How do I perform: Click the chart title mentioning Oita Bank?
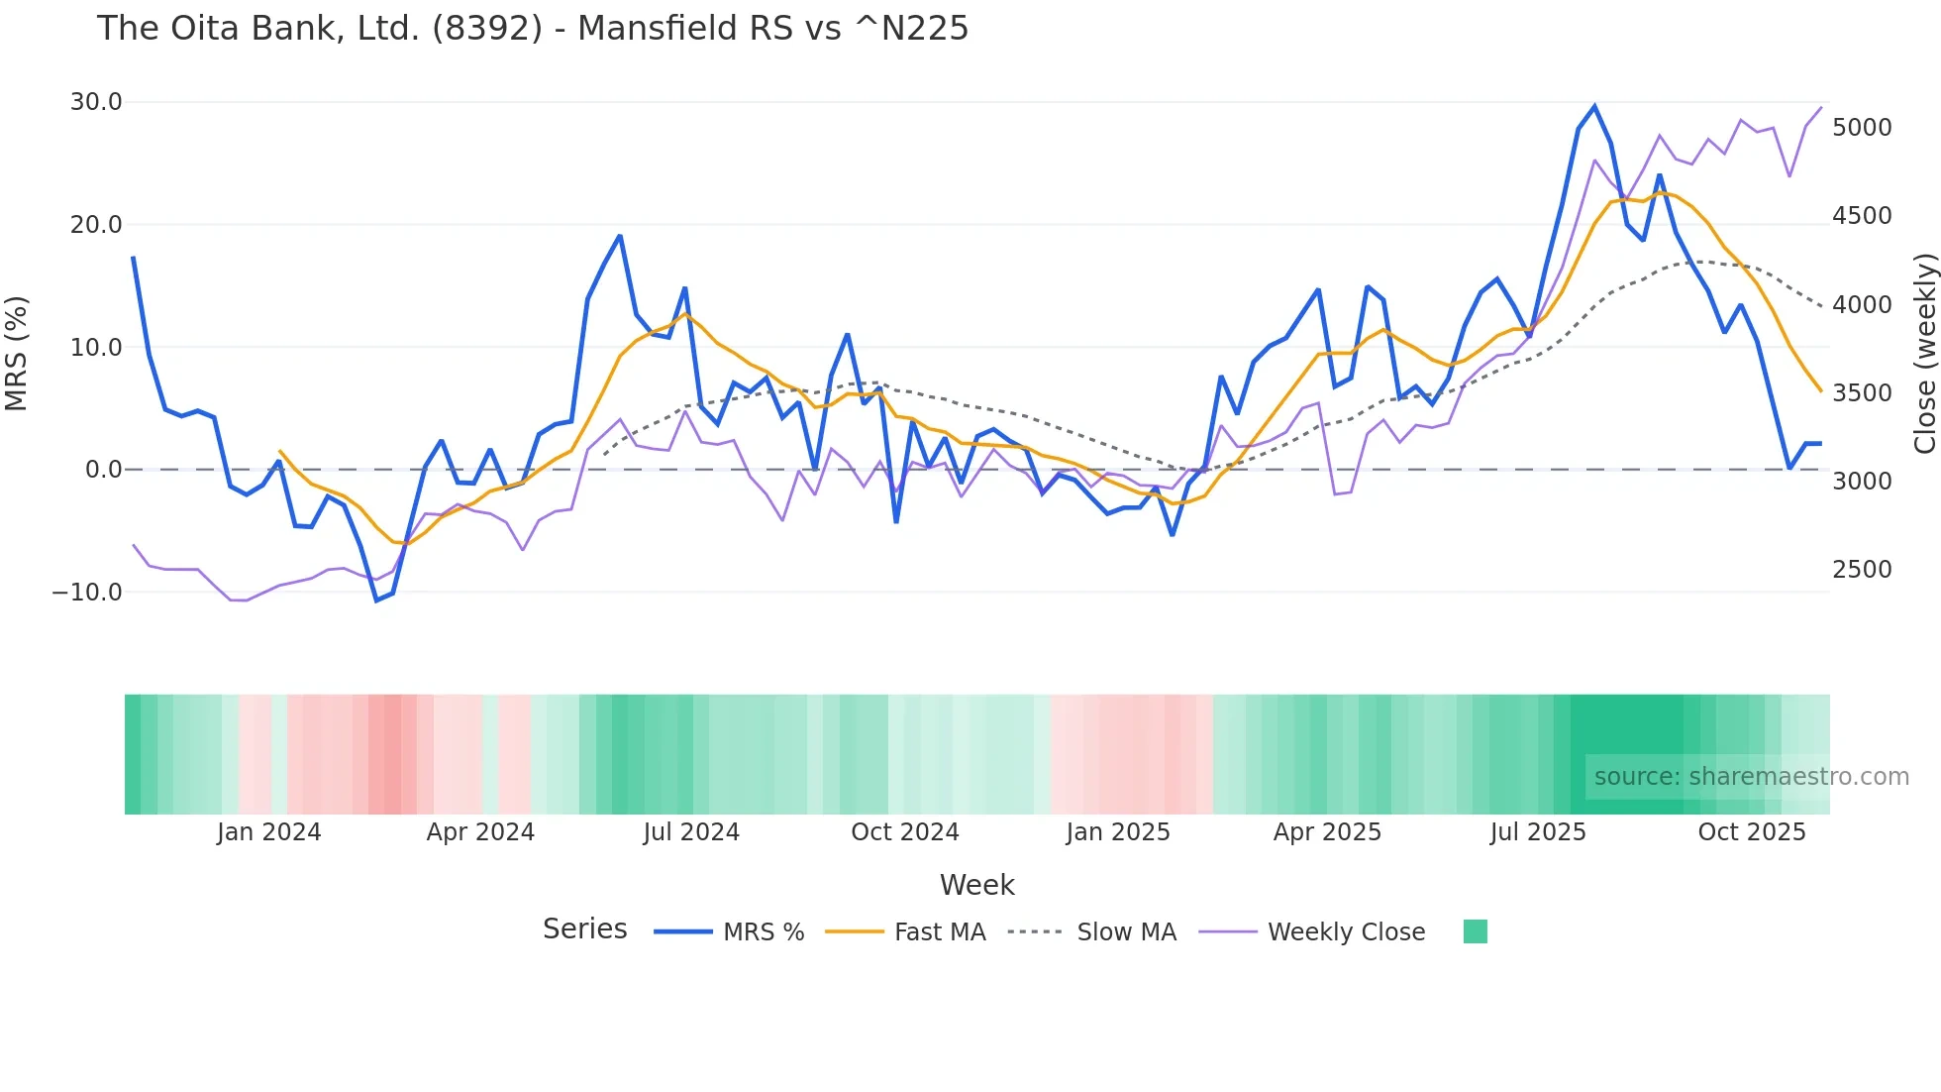coord(532,29)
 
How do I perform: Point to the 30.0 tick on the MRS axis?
coord(96,102)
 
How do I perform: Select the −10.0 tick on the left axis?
coord(87,593)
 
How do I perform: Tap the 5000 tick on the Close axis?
coord(1862,128)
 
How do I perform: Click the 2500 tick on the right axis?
coord(1862,570)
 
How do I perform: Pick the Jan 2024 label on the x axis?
coord(268,832)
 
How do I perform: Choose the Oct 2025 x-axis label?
coord(1751,832)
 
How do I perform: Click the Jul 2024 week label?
coord(691,832)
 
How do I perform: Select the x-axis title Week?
coord(976,885)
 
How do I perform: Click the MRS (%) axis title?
coord(17,353)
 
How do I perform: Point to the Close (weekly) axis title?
coord(1924,353)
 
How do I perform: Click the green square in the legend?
coord(1475,931)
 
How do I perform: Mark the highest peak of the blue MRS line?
coord(1594,106)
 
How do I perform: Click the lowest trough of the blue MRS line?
coord(376,601)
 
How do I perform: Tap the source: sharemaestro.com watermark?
coord(1751,777)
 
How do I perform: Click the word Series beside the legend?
coord(584,929)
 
